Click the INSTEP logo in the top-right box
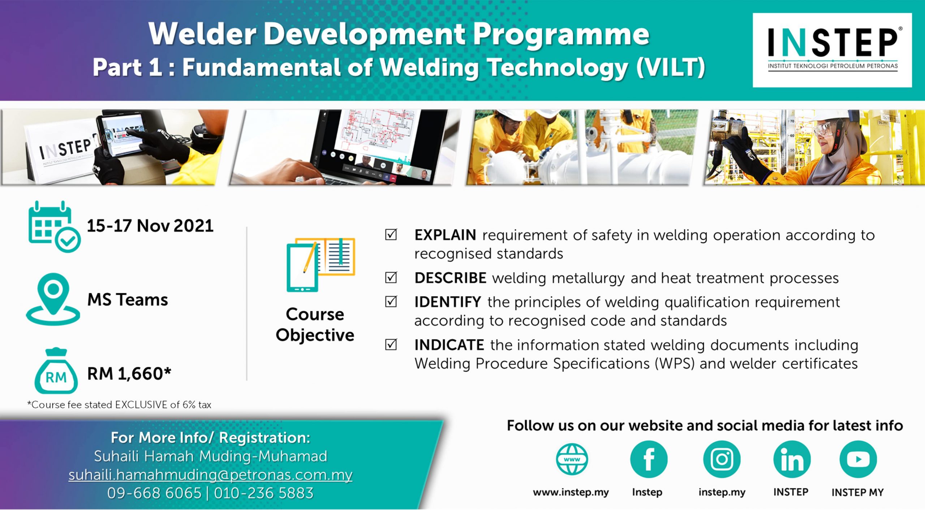point(832,50)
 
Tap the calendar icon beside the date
point(54,227)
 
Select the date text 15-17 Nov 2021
point(150,226)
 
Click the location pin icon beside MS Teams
point(53,299)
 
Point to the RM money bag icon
point(56,371)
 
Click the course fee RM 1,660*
point(129,373)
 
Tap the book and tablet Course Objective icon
point(321,265)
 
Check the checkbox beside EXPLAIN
point(391,234)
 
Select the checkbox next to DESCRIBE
point(391,277)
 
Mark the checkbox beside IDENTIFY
point(391,302)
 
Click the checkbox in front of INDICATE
point(391,345)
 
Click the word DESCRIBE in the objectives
point(450,278)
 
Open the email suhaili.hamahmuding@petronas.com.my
point(210,475)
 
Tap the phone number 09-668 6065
point(154,493)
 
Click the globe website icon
point(572,459)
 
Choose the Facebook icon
point(649,459)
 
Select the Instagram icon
point(722,459)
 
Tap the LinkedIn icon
point(792,459)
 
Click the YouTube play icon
point(858,459)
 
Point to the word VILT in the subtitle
point(670,67)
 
